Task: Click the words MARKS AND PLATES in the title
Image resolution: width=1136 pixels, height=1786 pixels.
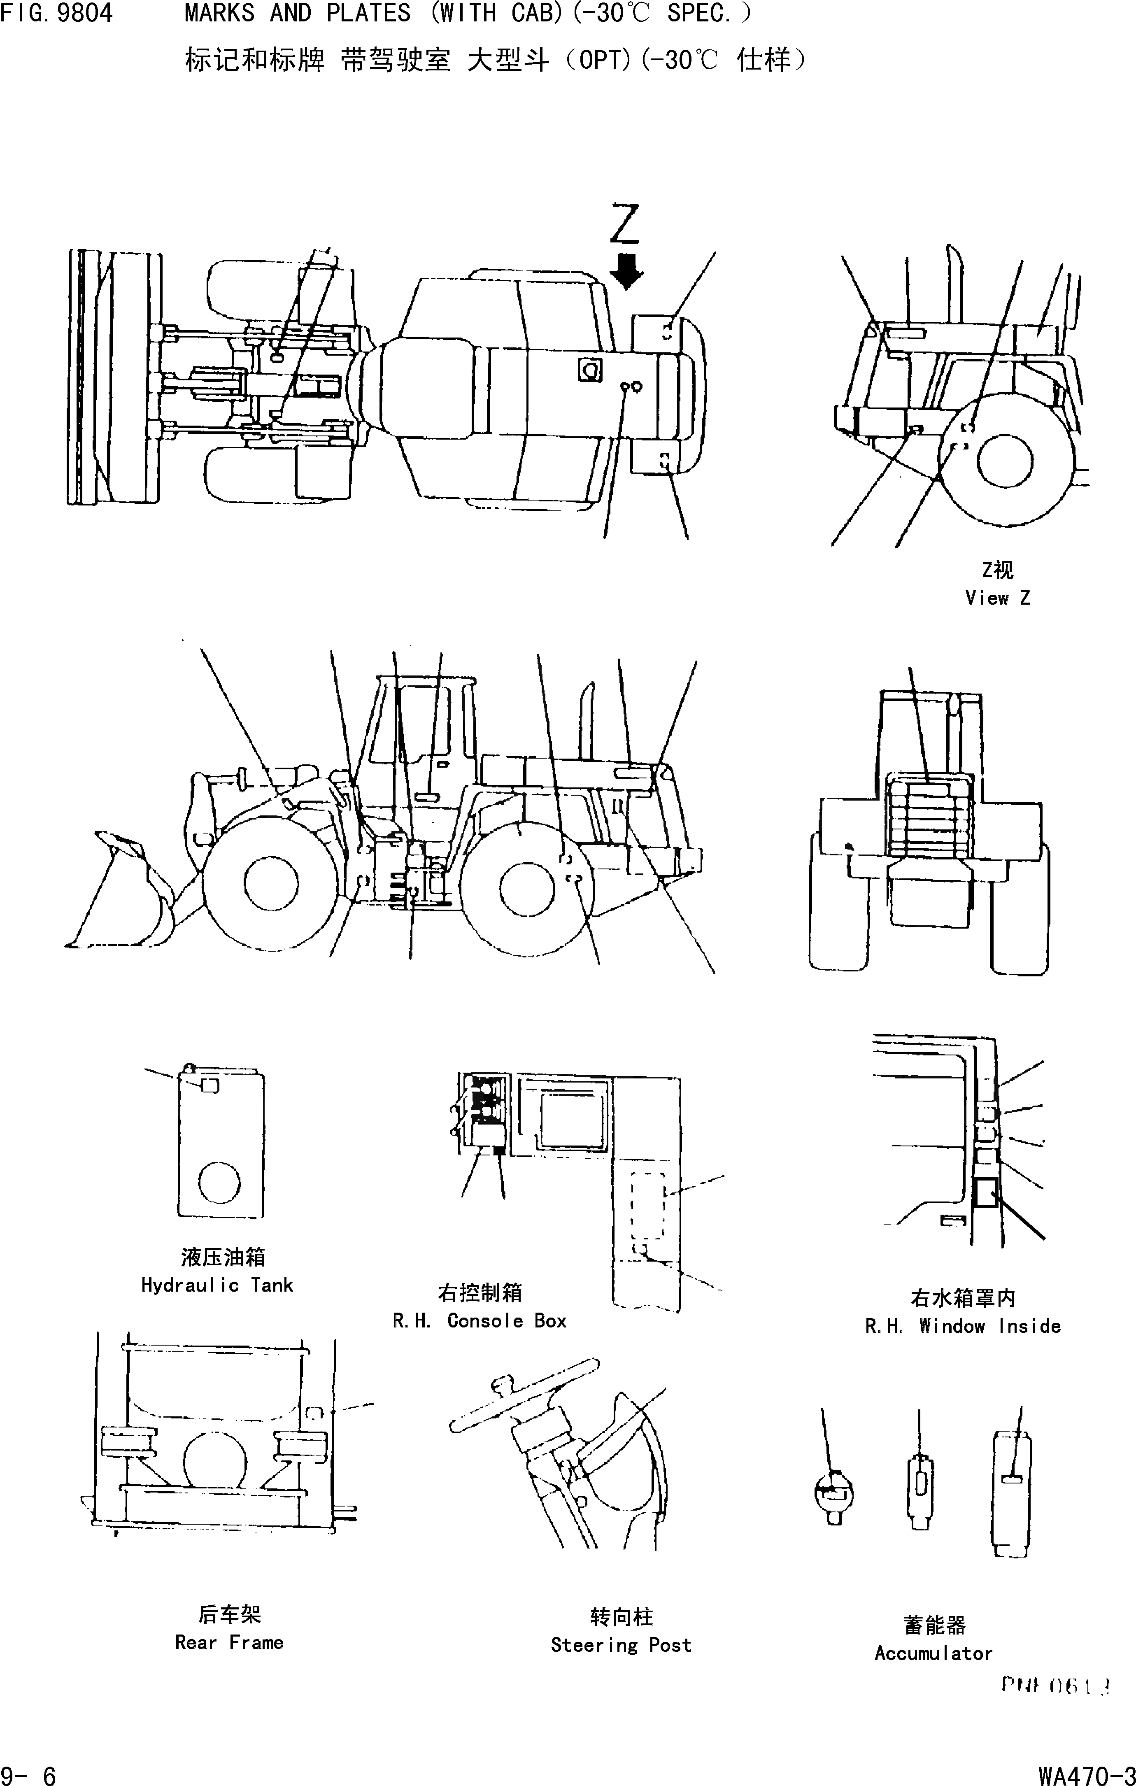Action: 297,13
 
